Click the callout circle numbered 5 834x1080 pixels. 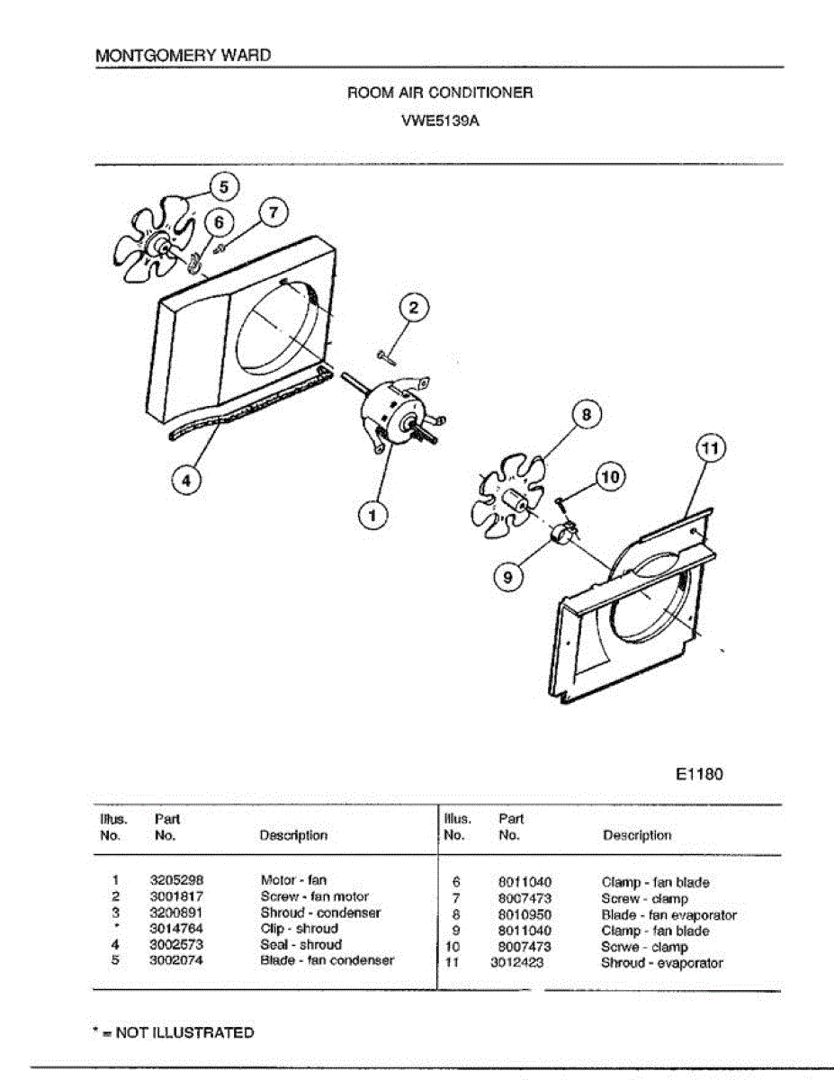pyautogui.click(x=224, y=186)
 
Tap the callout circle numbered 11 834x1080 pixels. pyautogui.click(x=712, y=447)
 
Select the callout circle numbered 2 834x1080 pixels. pyautogui.click(x=414, y=309)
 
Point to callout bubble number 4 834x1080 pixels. pyautogui.click(x=186, y=481)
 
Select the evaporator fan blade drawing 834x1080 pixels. pyautogui.click(x=509, y=499)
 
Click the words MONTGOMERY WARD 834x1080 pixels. pyautogui.click(x=183, y=55)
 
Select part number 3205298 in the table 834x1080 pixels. pyautogui.click(x=174, y=880)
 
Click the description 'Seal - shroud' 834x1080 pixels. pyautogui.click(x=300, y=945)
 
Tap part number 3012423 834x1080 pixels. pyautogui.click(x=516, y=963)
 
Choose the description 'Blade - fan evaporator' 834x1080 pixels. pyautogui.click(x=668, y=915)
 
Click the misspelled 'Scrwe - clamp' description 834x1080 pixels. pyautogui.click(x=644, y=947)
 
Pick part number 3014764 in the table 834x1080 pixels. pyautogui.click(x=174, y=929)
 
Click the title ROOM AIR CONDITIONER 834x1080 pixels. pyautogui.click(x=440, y=93)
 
